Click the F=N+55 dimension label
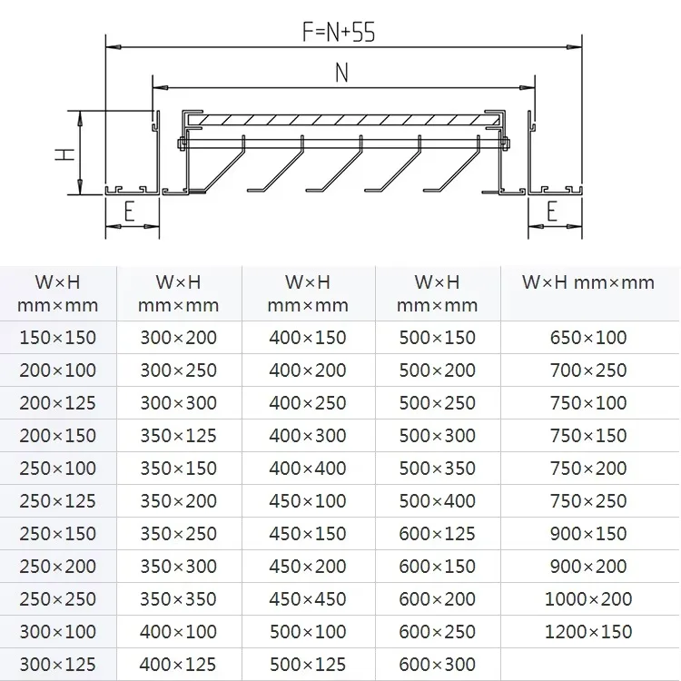(x=339, y=33)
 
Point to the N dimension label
(x=341, y=74)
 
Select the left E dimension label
(x=129, y=212)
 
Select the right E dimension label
(x=552, y=212)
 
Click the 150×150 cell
(x=58, y=338)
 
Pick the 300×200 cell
(x=179, y=338)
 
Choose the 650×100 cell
(x=588, y=338)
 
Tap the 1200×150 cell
(x=588, y=632)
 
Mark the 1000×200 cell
(x=588, y=599)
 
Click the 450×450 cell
(x=308, y=599)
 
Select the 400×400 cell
(x=308, y=469)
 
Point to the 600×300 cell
(x=438, y=665)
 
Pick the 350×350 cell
(x=179, y=599)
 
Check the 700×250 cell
(x=588, y=370)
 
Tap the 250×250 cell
(x=58, y=599)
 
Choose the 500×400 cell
(x=438, y=501)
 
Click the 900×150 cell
(x=588, y=534)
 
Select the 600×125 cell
(x=438, y=534)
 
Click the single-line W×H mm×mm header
(x=588, y=282)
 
